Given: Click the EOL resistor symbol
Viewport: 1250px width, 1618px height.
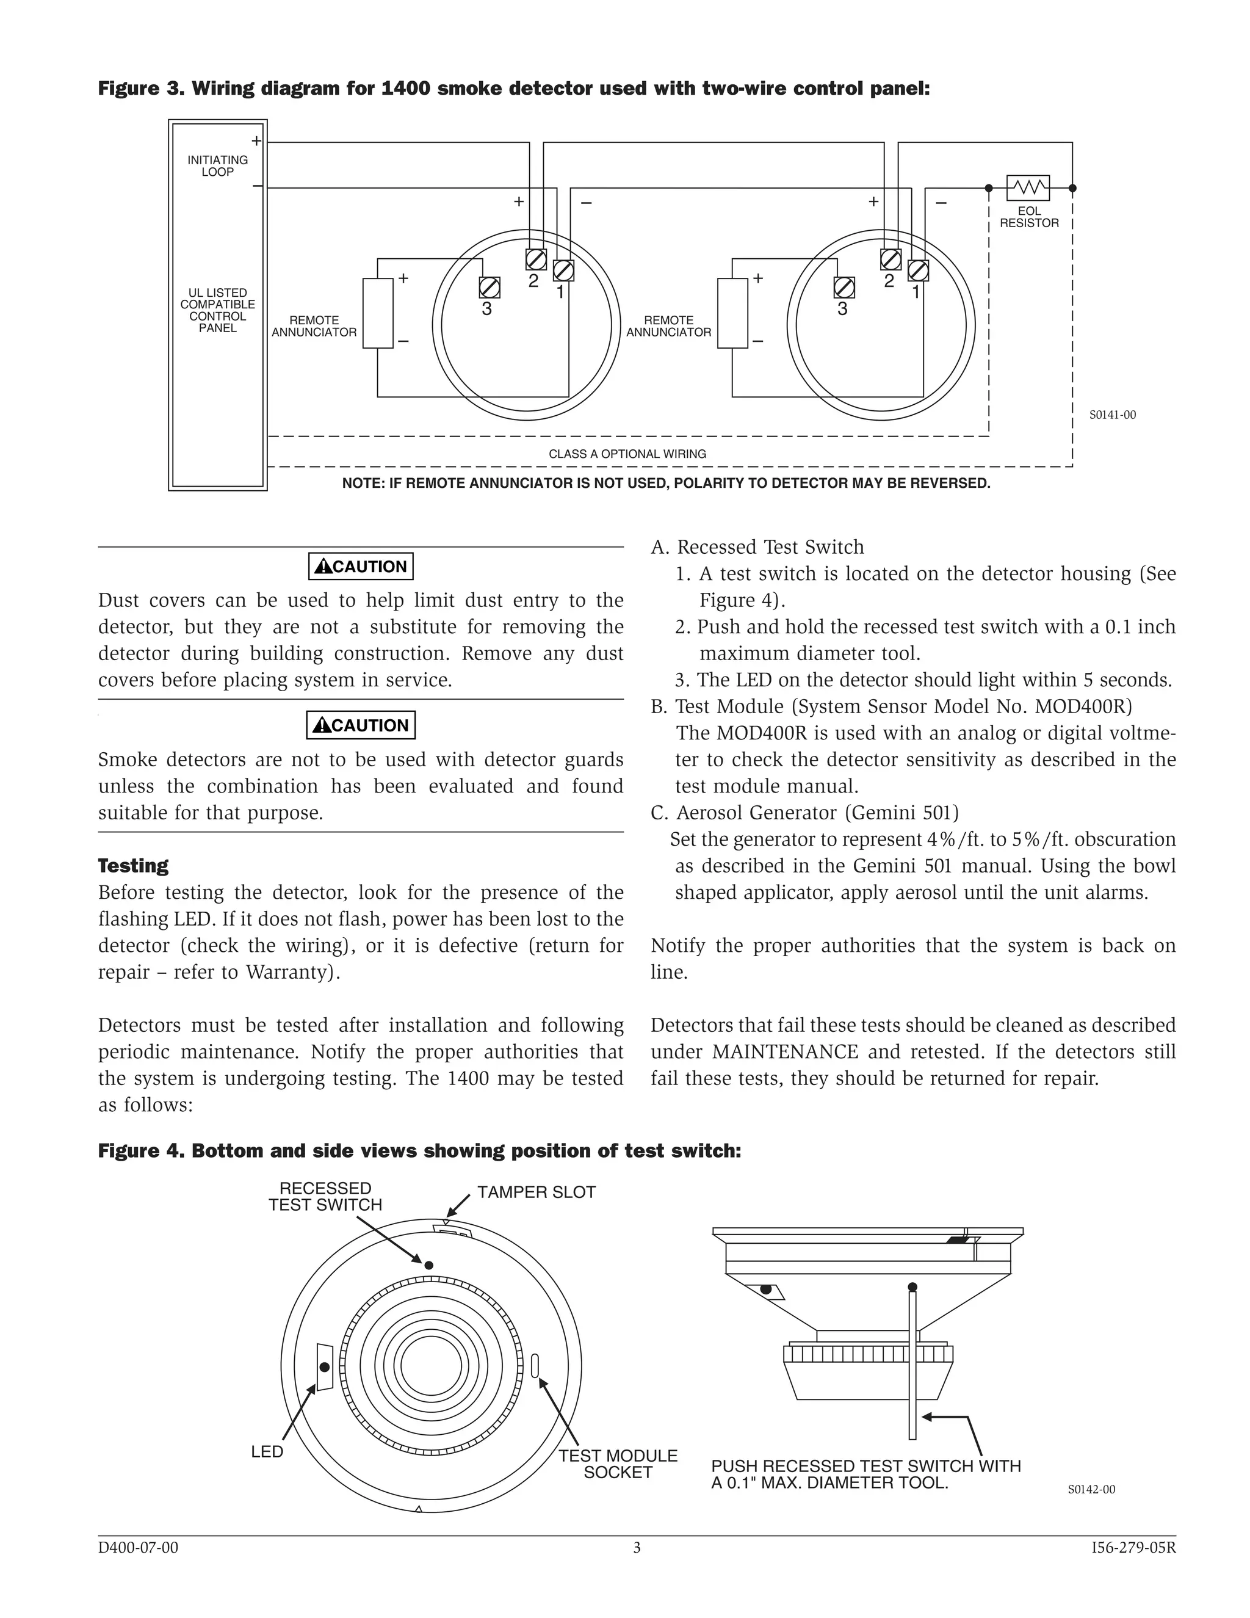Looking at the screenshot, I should [x=1028, y=187].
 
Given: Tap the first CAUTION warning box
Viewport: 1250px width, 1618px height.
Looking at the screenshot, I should [x=361, y=567].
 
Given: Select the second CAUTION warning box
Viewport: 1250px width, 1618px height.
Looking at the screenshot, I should [x=361, y=725].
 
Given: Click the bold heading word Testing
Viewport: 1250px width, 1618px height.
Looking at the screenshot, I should [x=133, y=865].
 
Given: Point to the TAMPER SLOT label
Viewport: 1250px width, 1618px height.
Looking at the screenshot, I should [x=536, y=1192].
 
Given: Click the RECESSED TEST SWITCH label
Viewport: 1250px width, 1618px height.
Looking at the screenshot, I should [x=325, y=1197].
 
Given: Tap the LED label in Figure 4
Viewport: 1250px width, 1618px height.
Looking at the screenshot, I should [x=267, y=1452].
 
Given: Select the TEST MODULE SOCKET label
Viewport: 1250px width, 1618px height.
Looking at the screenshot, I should [x=618, y=1464].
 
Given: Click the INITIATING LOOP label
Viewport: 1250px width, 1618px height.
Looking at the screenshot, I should [x=218, y=166].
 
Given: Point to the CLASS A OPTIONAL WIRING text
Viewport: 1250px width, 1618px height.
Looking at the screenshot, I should [x=627, y=454].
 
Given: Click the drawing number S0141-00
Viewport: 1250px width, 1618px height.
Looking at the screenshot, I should [x=1112, y=415].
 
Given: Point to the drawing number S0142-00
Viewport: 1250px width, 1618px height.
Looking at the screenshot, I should [x=1091, y=1490].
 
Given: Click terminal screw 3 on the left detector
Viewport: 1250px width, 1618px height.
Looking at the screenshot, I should [x=490, y=288].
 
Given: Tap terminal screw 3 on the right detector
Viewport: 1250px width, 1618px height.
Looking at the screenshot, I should [x=844, y=288].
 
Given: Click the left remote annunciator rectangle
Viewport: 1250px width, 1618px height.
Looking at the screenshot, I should [x=378, y=313].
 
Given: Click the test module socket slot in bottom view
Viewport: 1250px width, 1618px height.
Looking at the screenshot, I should [x=535, y=1365].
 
